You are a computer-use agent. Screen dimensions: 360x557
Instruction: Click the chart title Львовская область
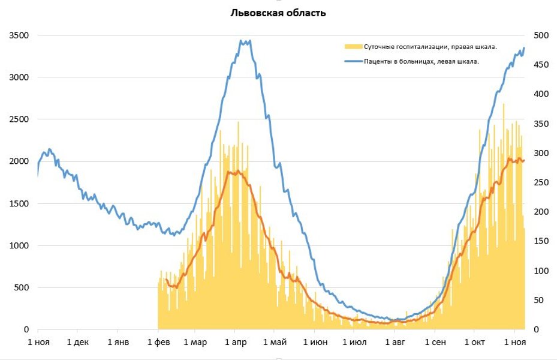[x=278, y=13]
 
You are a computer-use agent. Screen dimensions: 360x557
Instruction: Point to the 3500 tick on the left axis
[x=19, y=35]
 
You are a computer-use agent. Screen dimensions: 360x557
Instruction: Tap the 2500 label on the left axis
[x=19, y=119]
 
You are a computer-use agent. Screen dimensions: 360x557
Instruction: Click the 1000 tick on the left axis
[x=19, y=245]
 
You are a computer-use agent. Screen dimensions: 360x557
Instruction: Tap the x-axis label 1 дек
[x=77, y=343]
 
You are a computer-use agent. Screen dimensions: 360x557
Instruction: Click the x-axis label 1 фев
[x=158, y=343]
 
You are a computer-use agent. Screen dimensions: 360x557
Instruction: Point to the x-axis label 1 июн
[x=315, y=343]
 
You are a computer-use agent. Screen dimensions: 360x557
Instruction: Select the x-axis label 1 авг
[x=395, y=343]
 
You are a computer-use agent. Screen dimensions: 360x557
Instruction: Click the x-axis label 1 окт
[x=474, y=343]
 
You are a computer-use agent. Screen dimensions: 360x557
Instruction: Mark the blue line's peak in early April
[x=242, y=41]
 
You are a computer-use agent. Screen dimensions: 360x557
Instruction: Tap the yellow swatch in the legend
[x=353, y=47]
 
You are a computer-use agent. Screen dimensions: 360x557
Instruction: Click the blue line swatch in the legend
[x=353, y=61]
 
